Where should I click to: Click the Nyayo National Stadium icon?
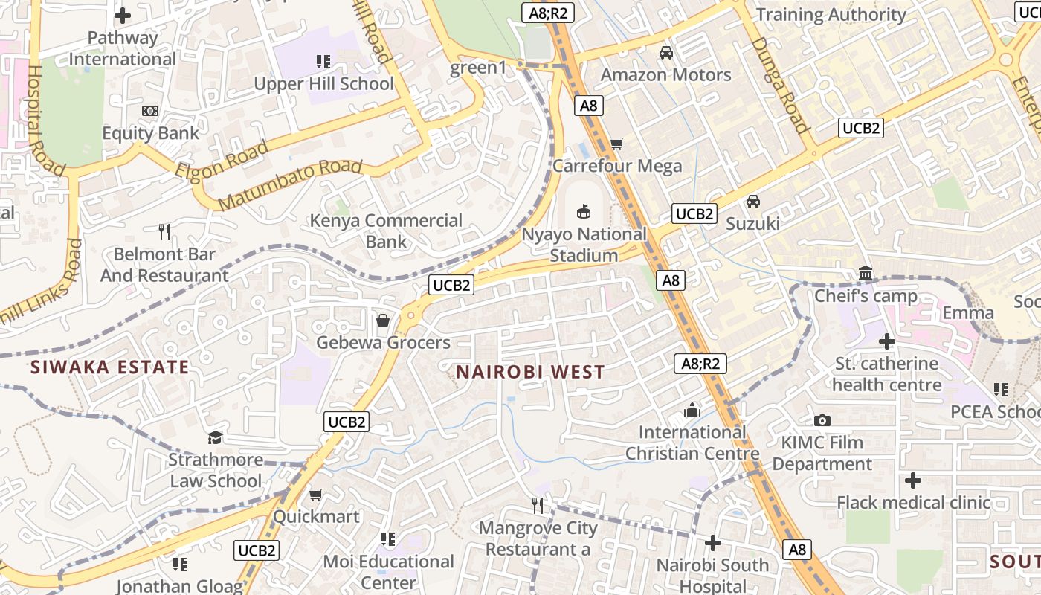[x=584, y=212]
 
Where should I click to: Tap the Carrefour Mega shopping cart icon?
[x=616, y=144]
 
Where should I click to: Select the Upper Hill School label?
[x=324, y=83]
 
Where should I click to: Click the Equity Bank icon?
[x=150, y=111]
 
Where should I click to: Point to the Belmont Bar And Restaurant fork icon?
[x=164, y=232]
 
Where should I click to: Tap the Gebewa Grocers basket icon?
[x=383, y=321]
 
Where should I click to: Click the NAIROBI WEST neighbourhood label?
[x=530, y=372]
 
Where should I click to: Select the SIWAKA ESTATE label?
[x=109, y=367]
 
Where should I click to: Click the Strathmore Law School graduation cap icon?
[x=215, y=437]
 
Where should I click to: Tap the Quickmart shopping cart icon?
[x=316, y=495]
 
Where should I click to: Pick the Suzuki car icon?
[x=753, y=202]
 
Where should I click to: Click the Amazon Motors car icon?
[x=666, y=53]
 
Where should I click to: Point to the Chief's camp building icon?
[x=866, y=274]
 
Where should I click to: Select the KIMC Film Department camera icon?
[x=822, y=420]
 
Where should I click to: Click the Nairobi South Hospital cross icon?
[x=712, y=543]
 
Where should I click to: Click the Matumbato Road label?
[x=291, y=184]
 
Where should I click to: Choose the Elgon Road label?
[x=222, y=159]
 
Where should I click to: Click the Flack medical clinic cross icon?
[x=913, y=480]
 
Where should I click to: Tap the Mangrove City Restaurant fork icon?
[x=538, y=506]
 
